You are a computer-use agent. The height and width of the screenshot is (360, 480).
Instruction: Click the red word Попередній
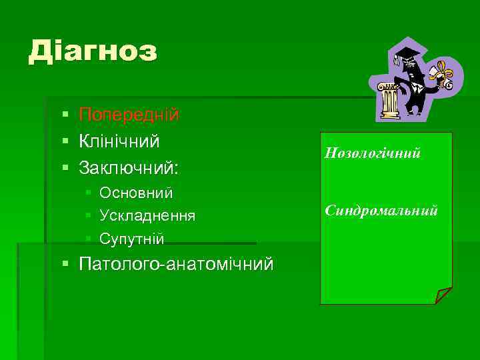[x=129, y=114]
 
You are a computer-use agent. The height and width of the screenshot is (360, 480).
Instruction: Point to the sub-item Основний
[x=136, y=193]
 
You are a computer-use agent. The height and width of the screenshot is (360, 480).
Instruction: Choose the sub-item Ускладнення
[x=147, y=216]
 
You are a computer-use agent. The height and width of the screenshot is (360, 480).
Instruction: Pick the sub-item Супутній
[x=131, y=239]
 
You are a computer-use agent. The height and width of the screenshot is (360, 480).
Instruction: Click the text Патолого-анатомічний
[x=176, y=265]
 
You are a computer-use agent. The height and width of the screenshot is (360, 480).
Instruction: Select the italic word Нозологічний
[x=372, y=153]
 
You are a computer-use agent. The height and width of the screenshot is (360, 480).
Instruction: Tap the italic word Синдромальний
[x=381, y=211]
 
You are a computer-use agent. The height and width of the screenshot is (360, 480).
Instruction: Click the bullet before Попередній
[x=65, y=115]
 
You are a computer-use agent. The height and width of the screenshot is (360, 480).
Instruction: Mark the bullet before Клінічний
[x=65, y=141]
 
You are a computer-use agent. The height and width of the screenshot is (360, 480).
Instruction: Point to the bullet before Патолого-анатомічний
[x=65, y=265]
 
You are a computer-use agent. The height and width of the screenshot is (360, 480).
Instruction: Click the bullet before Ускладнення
[x=89, y=217]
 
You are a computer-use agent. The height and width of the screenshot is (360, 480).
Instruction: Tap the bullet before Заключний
[x=65, y=168]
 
